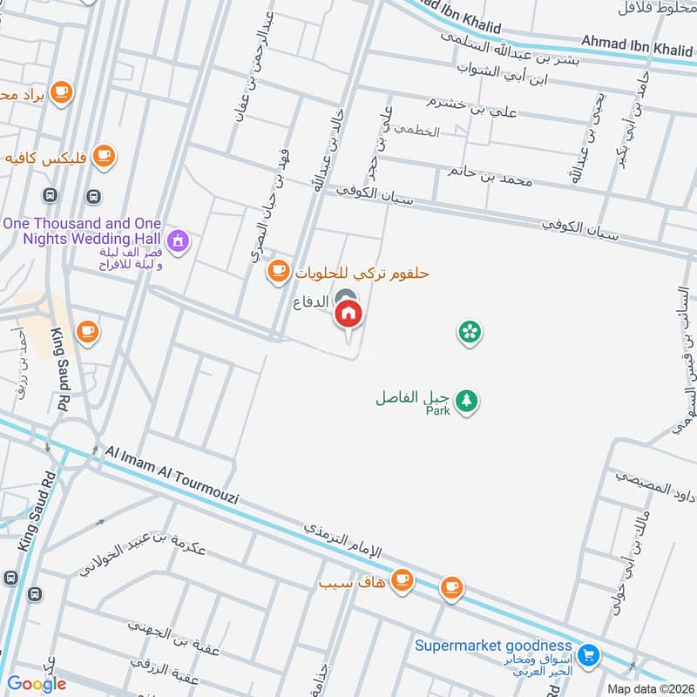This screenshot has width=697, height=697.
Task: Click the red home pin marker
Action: click(x=348, y=314)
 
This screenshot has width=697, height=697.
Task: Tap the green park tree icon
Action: click(x=469, y=400)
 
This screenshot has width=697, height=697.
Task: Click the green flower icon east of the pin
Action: click(x=470, y=332)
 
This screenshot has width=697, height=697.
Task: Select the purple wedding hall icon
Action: click(x=178, y=240)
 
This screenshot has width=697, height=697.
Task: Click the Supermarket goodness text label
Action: click(x=493, y=645)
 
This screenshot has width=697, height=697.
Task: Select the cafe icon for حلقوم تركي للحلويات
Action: click(x=278, y=272)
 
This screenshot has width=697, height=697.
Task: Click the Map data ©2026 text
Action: click(x=650, y=688)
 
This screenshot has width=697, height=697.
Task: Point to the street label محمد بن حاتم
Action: click(x=490, y=174)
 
